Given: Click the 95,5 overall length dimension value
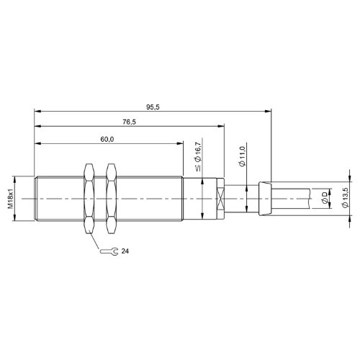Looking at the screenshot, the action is pos(153,107).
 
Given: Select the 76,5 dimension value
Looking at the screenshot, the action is pos(129,122).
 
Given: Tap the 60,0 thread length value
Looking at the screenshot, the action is pos(107,139).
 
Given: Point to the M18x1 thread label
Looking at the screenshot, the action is pos(11,199).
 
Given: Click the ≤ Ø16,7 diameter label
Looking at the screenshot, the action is pos(198,156).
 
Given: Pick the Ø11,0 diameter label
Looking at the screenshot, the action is pos(243,156).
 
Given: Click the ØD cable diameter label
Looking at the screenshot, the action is pos(325,198).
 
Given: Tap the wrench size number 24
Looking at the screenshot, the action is pos(125,251).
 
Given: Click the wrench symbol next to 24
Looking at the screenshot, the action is pos(109,251).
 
